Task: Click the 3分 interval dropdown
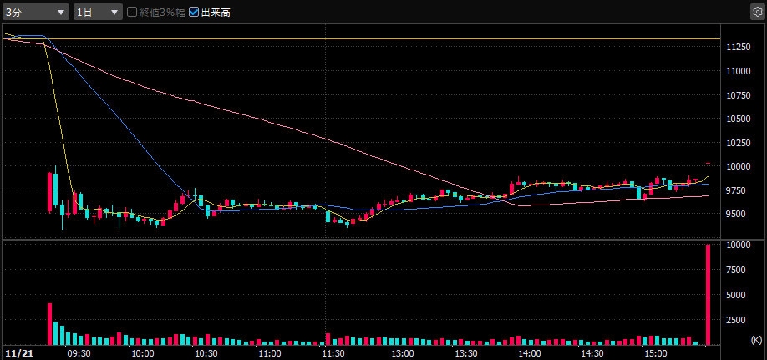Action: pyautogui.click(x=36, y=13)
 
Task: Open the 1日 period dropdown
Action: pyautogui.click(x=98, y=13)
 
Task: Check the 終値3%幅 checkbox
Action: pyautogui.click(x=132, y=13)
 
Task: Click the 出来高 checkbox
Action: pyautogui.click(x=195, y=13)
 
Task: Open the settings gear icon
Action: pyautogui.click(x=757, y=13)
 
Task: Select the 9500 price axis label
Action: pyautogui.click(x=738, y=214)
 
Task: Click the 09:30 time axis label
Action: pyautogui.click(x=79, y=353)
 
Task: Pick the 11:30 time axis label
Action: pyautogui.click(x=333, y=353)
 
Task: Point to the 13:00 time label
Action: pyautogui.click(x=397, y=353)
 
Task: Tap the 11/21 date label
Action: pyautogui.click(x=17, y=353)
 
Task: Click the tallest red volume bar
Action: pyautogui.click(x=708, y=295)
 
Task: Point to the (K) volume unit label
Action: pyautogui.click(x=756, y=339)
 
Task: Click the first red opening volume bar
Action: pyautogui.click(x=49, y=324)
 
